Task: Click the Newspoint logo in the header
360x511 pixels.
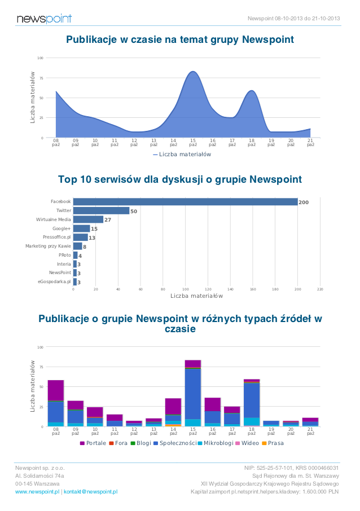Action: [x=44, y=19]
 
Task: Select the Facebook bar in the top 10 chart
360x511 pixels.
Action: [x=185, y=202]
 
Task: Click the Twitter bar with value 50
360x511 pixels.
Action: [x=101, y=211]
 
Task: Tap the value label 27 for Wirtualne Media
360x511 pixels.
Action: [x=108, y=220]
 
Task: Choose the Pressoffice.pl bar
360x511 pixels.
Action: [x=80, y=237]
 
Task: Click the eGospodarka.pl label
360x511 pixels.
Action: [x=54, y=281]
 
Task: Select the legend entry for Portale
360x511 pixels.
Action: [x=93, y=443]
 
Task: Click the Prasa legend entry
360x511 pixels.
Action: [x=273, y=443]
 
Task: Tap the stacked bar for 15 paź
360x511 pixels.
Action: [x=193, y=393]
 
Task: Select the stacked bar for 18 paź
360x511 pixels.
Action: [x=252, y=403]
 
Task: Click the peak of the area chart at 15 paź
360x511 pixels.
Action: [x=193, y=72]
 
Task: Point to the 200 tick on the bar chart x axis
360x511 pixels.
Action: [x=297, y=289]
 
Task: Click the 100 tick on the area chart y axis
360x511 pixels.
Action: [x=41, y=58]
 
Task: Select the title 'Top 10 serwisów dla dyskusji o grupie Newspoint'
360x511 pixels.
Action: [x=180, y=179]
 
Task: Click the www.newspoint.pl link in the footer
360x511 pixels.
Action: [x=37, y=492]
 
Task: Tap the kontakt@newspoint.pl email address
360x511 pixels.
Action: [x=90, y=492]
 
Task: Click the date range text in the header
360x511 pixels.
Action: [x=293, y=19]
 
